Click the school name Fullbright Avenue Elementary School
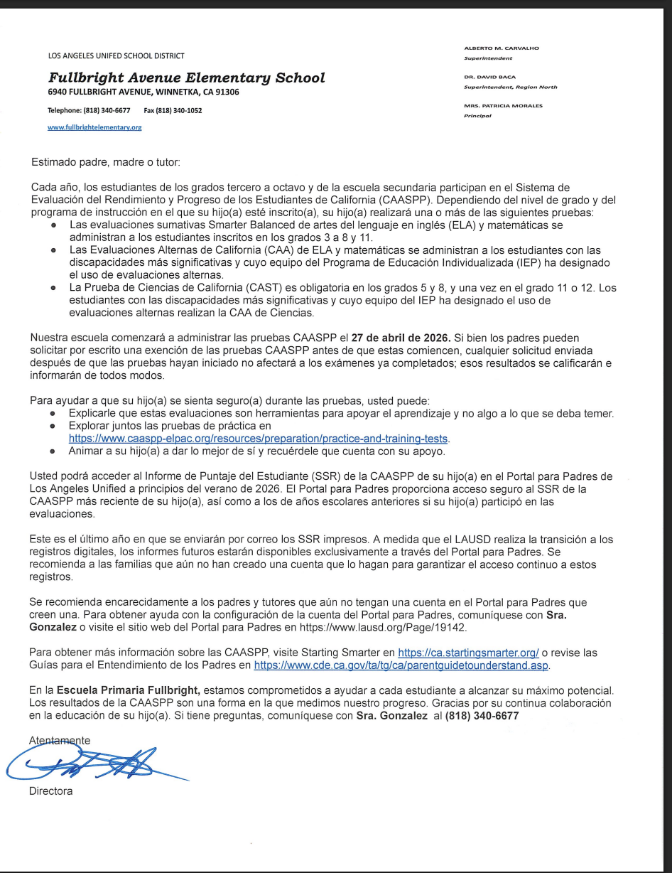186,78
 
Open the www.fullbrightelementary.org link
94,127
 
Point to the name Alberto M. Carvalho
501,48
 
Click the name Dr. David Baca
489,77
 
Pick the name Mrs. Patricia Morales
503,106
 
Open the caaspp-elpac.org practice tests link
259,438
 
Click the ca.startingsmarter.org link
468,652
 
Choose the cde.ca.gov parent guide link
401,665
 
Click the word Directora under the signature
50,791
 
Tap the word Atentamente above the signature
60,740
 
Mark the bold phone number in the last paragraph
482,717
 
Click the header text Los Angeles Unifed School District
116,55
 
